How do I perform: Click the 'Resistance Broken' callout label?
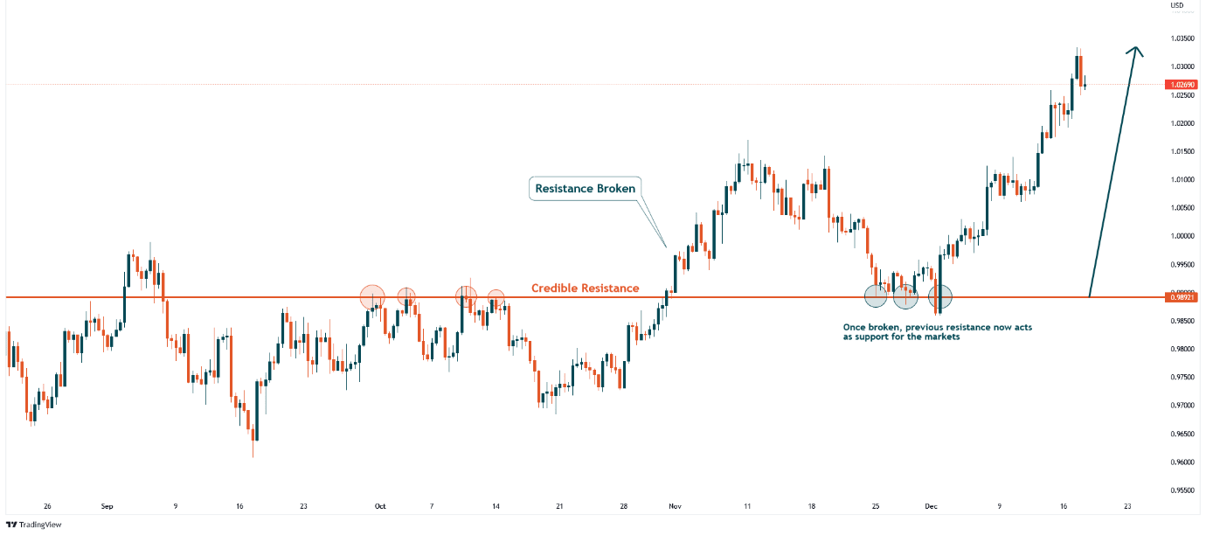[x=585, y=188]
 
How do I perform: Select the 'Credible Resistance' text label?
[x=585, y=288]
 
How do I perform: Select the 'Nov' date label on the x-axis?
[x=674, y=506]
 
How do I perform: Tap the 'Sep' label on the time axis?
[x=107, y=506]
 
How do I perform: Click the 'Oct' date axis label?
[x=379, y=506]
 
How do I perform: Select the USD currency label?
[x=1176, y=5]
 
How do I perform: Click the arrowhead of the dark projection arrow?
[x=1135, y=51]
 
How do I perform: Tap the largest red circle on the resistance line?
[x=372, y=296]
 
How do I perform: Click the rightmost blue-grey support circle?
[x=939, y=296]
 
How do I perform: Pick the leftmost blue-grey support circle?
[x=876, y=296]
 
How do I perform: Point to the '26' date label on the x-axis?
[x=47, y=506]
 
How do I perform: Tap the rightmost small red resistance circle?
[x=496, y=297]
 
